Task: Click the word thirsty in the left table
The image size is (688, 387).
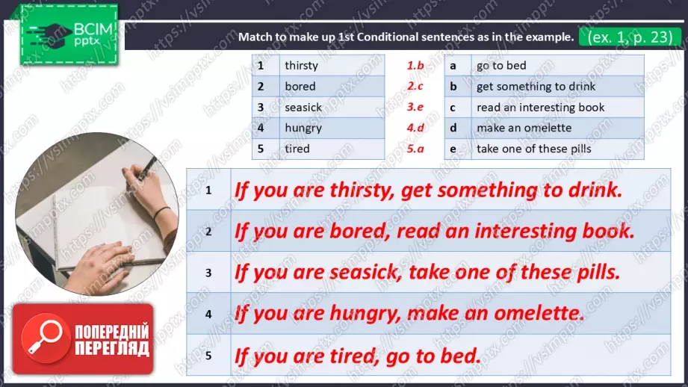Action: coord(301,66)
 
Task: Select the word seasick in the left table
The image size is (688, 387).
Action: coord(303,108)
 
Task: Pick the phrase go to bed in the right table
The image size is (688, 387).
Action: coord(501,66)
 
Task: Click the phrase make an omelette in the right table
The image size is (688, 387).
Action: coord(524,128)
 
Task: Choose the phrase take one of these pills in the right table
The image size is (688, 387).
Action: coord(533,149)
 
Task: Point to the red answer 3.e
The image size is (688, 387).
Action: coord(415,107)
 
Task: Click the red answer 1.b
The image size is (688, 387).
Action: coord(415,66)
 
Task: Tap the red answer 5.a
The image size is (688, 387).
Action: coord(415,149)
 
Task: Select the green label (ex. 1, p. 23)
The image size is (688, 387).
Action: coord(630,37)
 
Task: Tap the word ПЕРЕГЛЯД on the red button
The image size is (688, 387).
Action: coord(112,348)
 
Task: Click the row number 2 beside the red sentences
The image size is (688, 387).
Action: coord(208,232)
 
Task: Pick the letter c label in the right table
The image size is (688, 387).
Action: coord(453,108)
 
